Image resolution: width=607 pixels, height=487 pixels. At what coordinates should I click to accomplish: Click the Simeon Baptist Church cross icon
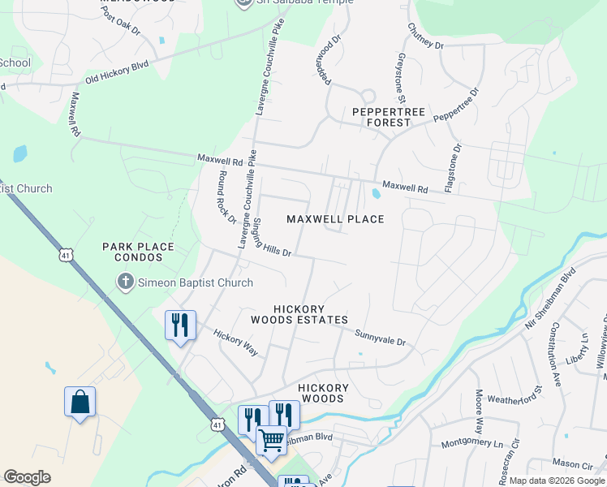pos(125,282)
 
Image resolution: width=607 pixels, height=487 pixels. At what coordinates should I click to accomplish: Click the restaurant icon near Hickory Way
pos(180,325)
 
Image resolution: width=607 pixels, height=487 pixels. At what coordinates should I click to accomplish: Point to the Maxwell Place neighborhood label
pos(335,219)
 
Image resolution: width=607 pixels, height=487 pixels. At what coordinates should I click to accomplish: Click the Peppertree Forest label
pos(381,117)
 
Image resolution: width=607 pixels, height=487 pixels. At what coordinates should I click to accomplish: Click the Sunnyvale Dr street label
pos(380,337)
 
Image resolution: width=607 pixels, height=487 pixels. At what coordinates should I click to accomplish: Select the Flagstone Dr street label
pos(452,168)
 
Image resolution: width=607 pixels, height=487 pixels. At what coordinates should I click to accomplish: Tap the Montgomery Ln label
pos(471,445)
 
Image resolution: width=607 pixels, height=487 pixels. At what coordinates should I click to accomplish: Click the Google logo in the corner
pos(28,477)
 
